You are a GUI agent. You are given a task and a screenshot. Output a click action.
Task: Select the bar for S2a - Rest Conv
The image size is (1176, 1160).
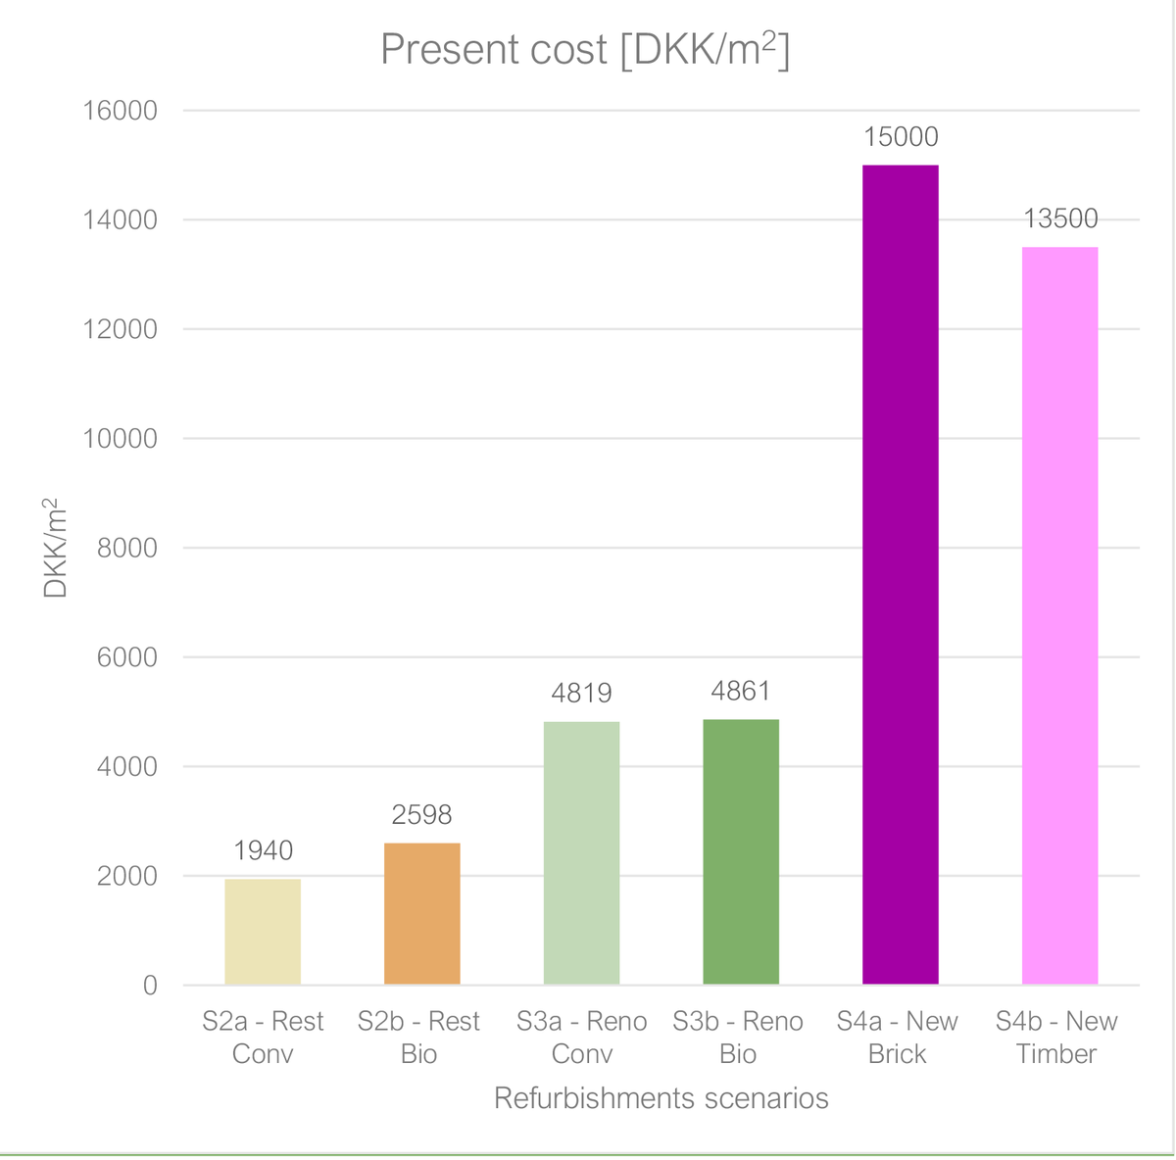pyautogui.click(x=263, y=931)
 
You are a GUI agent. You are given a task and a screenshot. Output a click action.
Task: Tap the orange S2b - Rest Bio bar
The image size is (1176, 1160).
pyautogui.click(x=422, y=913)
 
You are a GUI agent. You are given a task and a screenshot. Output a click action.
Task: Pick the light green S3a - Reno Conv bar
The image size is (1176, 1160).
pyautogui.click(x=581, y=853)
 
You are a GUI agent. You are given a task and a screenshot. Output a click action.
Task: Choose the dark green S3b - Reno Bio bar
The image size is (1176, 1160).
pyautogui.click(x=741, y=851)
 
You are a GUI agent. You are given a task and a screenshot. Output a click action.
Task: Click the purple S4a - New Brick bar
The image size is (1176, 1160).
pyautogui.click(x=901, y=574)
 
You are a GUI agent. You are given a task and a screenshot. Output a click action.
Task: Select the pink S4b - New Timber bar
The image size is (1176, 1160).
pyautogui.click(x=1060, y=615)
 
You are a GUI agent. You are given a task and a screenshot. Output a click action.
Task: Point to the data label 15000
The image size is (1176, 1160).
pyautogui.click(x=901, y=137)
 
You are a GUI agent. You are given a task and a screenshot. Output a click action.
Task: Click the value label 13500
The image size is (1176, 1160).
pyautogui.click(x=1060, y=218)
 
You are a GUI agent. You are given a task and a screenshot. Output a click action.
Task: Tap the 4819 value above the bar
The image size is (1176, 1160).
pyautogui.click(x=581, y=694)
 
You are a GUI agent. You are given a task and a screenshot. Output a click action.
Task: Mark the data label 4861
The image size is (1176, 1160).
pyautogui.click(x=741, y=691)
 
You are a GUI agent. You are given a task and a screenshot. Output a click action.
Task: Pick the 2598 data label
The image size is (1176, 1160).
pyautogui.click(x=421, y=814)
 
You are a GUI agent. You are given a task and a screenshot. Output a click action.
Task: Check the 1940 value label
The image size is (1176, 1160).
pyautogui.click(x=263, y=850)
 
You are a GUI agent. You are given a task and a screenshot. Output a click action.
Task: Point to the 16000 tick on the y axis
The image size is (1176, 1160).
pyautogui.click(x=120, y=111)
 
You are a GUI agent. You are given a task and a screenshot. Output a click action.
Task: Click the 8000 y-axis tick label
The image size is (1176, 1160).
pyautogui.click(x=127, y=548)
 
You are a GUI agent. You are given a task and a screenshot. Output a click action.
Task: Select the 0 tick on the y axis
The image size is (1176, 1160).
pyautogui.click(x=150, y=986)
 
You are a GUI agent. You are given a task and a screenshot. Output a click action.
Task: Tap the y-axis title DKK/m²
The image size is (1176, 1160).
pyautogui.click(x=54, y=548)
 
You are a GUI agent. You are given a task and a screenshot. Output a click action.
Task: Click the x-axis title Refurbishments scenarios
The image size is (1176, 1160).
pyautogui.click(x=661, y=1098)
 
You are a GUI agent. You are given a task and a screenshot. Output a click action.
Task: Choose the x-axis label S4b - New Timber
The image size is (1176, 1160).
pyautogui.click(x=1056, y=1038)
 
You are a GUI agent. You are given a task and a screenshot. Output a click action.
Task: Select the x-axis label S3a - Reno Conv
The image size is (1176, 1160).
pyautogui.click(x=581, y=1038)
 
